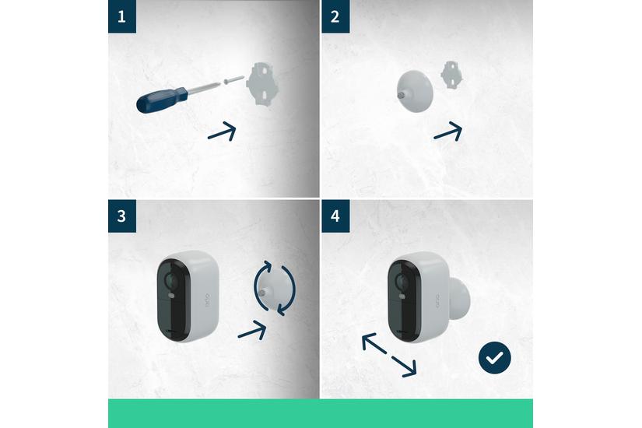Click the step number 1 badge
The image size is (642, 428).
click(x=121, y=16)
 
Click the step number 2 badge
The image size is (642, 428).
click(x=335, y=16)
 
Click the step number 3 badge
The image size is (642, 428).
click(x=121, y=216)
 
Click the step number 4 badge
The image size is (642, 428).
click(x=335, y=216)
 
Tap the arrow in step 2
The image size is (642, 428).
click(x=447, y=132)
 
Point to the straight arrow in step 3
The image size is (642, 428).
click(x=252, y=329)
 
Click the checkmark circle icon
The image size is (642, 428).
click(x=494, y=359)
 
